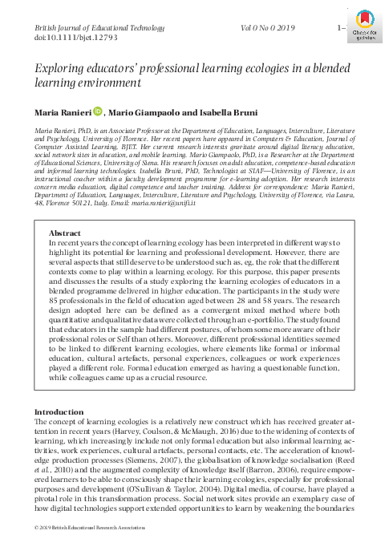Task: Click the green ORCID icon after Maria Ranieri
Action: click(99, 113)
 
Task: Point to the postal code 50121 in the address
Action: click(88, 205)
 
